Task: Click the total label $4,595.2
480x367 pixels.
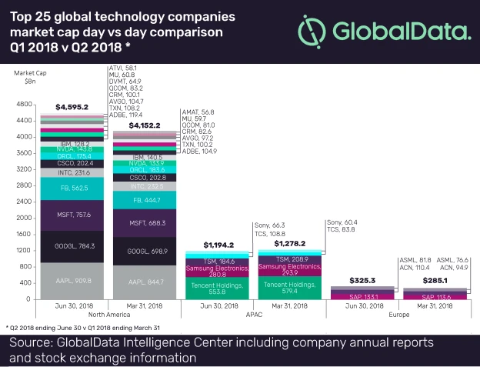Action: [x=72, y=107]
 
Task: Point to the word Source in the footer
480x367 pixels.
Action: [x=32, y=342]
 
